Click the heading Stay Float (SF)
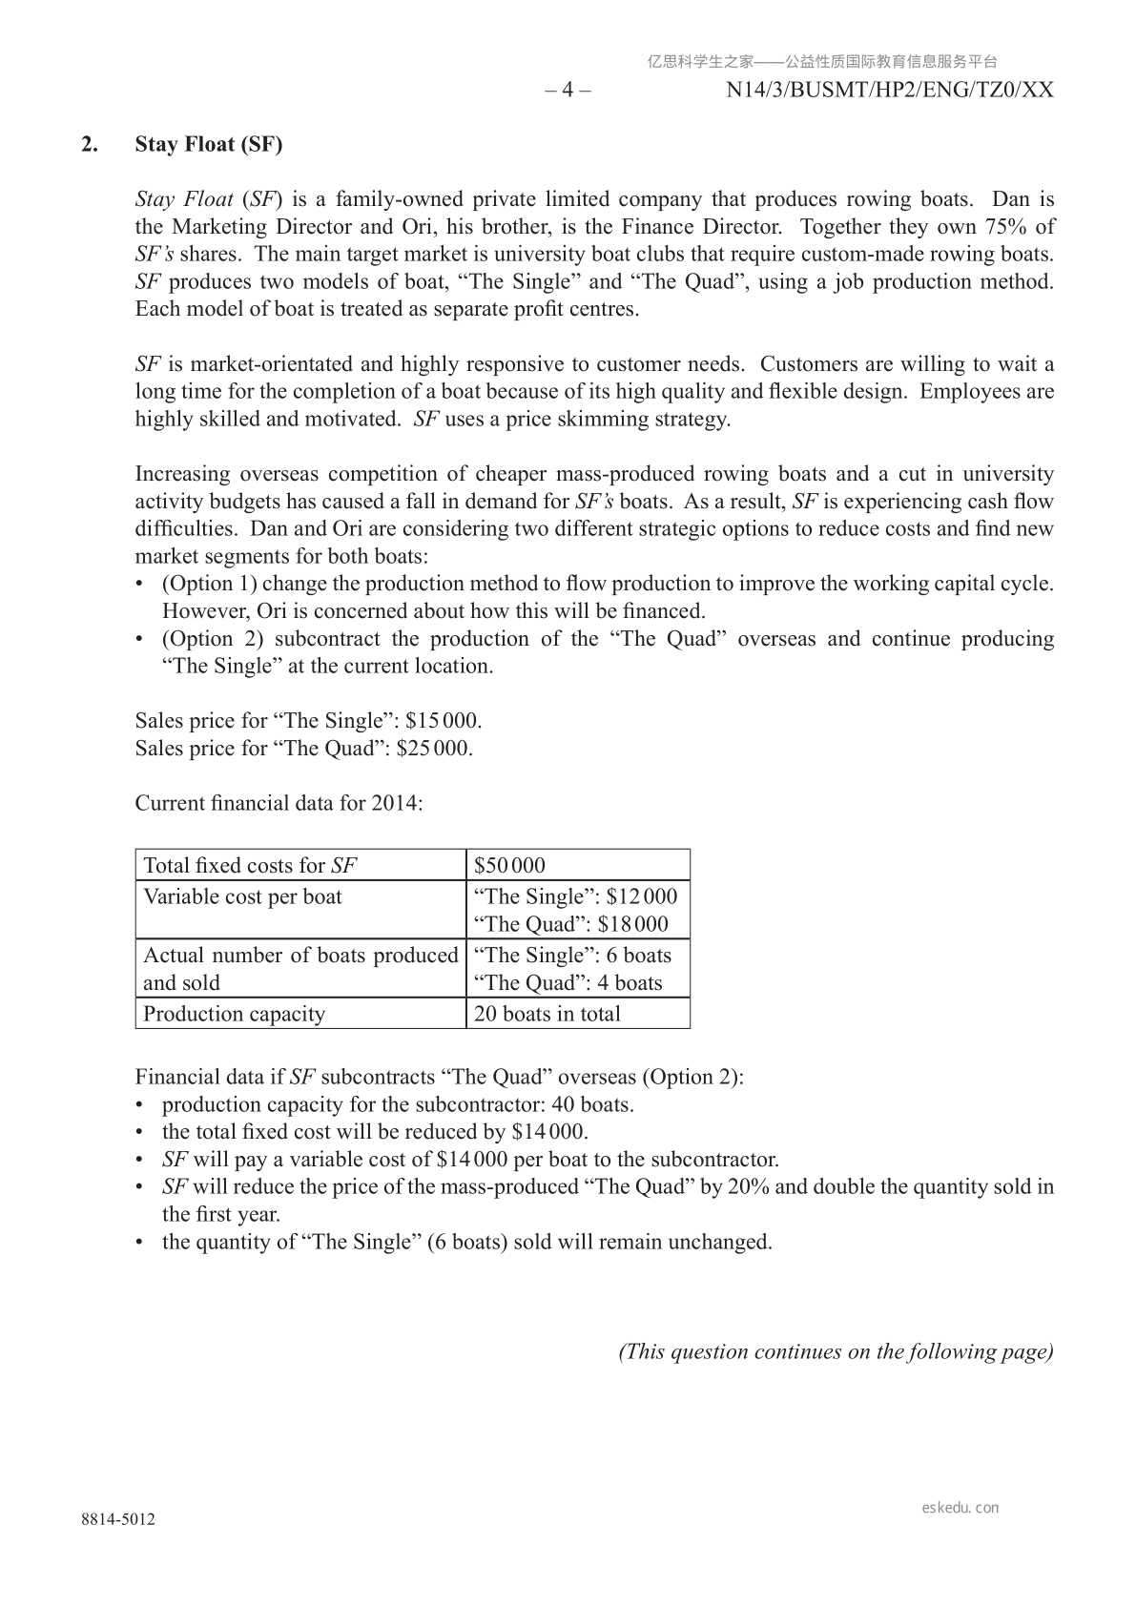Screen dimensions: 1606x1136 tap(209, 144)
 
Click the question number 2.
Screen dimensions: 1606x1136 tap(90, 144)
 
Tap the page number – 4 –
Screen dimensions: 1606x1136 tap(568, 90)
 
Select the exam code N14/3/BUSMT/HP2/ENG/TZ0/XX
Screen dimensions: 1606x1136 tap(889, 90)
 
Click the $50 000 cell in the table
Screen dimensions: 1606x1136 tap(510, 865)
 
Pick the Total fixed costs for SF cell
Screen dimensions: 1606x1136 tap(250, 865)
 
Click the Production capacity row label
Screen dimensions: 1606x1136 tap(234, 1014)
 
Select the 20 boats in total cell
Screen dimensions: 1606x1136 tap(547, 1014)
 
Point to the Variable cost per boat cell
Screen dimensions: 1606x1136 tap(242, 896)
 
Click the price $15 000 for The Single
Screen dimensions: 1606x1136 tap(443, 720)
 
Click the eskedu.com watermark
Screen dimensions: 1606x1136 tap(960, 1508)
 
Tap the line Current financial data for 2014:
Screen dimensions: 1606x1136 tap(279, 803)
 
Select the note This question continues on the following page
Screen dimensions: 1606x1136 tap(836, 1351)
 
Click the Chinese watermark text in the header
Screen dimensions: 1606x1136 tap(822, 62)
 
